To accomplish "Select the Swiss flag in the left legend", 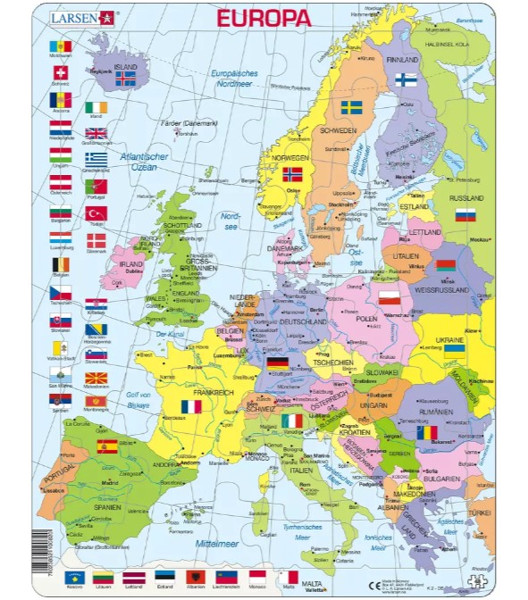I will (x=61, y=73).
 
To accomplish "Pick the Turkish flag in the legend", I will (x=96, y=214).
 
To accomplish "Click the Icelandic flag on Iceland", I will (x=126, y=79).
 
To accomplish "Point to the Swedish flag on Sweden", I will (x=351, y=107).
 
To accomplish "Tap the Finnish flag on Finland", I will (x=406, y=80).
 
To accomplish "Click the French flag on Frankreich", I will (x=191, y=406).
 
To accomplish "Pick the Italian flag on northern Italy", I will (x=291, y=420).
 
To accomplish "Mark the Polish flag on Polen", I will (x=389, y=297).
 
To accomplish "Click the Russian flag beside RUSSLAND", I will (x=465, y=215).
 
